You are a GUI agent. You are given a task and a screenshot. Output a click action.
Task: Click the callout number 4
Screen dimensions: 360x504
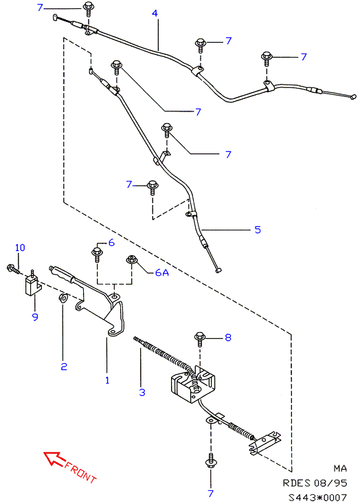pyautogui.click(x=155, y=13)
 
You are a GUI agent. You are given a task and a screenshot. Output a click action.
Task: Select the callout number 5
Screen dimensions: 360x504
pyautogui.click(x=258, y=230)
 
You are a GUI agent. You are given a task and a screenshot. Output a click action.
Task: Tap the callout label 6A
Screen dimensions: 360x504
pyautogui.click(x=162, y=272)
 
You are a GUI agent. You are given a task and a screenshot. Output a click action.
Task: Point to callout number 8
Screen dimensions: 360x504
pyautogui.click(x=228, y=338)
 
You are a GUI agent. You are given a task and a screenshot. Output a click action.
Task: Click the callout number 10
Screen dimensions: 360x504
pyautogui.click(x=20, y=248)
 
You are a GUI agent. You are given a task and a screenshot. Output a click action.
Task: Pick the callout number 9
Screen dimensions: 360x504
pyautogui.click(x=35, y=317)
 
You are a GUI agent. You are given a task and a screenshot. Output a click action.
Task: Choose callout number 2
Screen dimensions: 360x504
pyautogui.click(x=64, y=366)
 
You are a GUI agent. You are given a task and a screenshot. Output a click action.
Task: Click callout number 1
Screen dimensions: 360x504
pyautogui.click(x=107, y=380)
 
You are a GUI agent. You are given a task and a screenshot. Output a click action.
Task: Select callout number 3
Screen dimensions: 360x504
pyautogui.click(x=142, y=392)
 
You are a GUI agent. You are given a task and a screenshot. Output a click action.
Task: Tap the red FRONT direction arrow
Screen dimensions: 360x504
pyautogui.click(x=54, y=459)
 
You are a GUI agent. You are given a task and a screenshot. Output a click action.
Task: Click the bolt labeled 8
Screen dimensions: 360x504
pyautogui.click(x=200, y=339)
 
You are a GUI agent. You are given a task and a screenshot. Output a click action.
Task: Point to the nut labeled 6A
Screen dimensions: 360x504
pyautogui.click(x=131, y=259)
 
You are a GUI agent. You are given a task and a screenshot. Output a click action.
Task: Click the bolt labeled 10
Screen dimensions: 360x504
pyautogui.click(x=14, y=269)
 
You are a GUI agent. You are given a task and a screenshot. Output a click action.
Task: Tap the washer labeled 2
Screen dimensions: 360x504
pyautogui.click(x=63, y=298)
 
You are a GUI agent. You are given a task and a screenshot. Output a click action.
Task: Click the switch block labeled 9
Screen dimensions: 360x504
pyautogui.click(x=32, y=285)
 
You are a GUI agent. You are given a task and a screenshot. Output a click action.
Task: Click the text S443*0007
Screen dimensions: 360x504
pyautogui.click(x=317, y=497)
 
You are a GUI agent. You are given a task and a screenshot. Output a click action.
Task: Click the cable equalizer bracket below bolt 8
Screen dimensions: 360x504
pyautogui.click(x=193, y=384)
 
